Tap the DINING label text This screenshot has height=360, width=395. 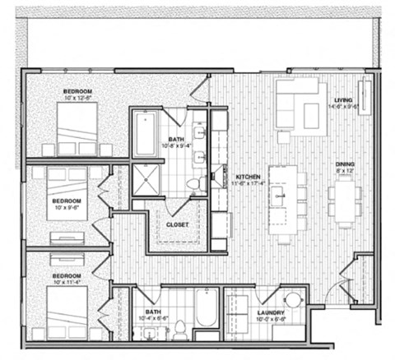tap(345, 165)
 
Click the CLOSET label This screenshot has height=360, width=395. tap(178, 224)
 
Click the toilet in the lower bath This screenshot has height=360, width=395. tap(179, 331)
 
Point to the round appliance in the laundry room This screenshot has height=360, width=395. tap(293, 300)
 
